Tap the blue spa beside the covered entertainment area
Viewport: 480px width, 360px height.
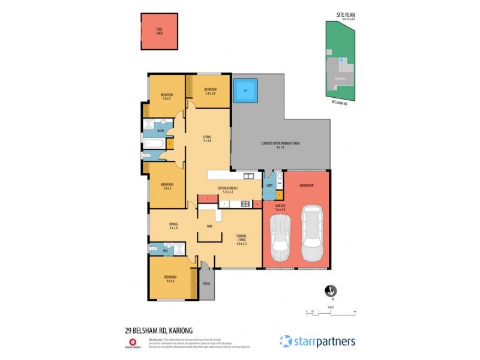point(245,92)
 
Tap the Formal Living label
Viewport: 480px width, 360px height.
point(242,240)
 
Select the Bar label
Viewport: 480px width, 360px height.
point(210,226)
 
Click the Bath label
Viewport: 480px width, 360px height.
point(160,130)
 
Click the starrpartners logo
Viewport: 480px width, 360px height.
point(317,341)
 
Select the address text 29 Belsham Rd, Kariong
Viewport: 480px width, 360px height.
point(159,329)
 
